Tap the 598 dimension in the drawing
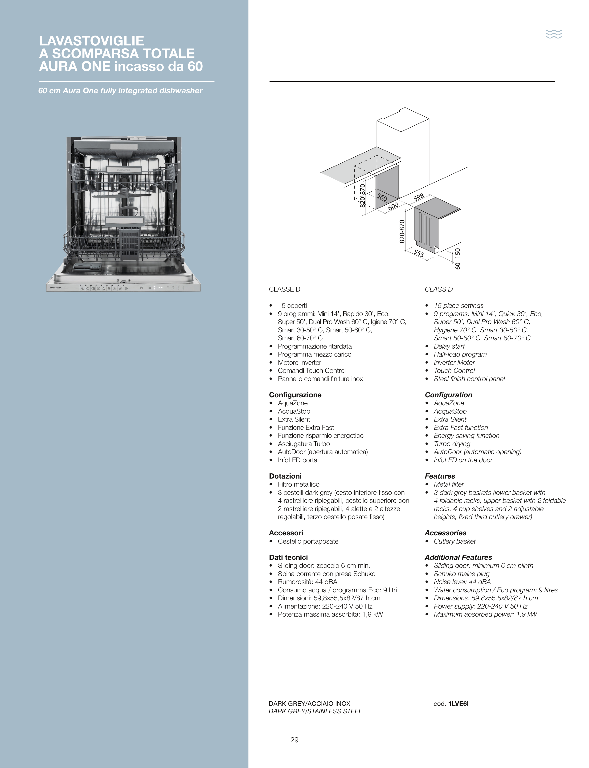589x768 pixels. point(419,197)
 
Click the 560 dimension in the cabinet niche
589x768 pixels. point(382,198)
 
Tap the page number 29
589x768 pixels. point(294,740)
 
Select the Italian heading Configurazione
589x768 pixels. point(295,395)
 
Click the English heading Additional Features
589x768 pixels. point(458,557)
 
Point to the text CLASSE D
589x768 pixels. point(285,289)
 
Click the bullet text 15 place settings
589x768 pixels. point(458,305)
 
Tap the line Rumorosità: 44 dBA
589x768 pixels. point(307,582)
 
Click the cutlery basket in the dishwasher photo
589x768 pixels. point(131,244)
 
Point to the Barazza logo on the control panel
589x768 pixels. point(54,288)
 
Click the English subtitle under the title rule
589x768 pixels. point(120,91)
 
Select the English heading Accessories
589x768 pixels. point(445,533)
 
